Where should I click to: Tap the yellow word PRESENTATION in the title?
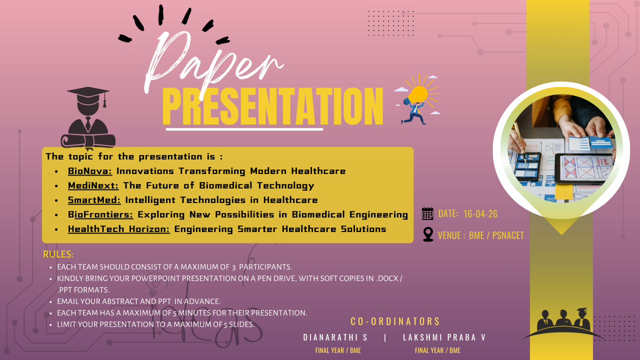pyautogui.click(x=272, y=106)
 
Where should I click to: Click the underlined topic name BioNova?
pyautogui.click(x=90, y=171)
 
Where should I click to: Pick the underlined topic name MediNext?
pyautogui.click(x=93, y=185)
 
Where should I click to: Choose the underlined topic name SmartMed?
pyautogui.click(x=94, y=200)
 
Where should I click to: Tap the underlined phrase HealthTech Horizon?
pyautogui.click(x=118, y=229)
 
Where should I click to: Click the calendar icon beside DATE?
pyautogui.click(x=427, y=213)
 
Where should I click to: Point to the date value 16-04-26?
pyautogui.click(x=480, y=214)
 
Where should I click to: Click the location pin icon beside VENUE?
pyautogui.click(x=428, y=234)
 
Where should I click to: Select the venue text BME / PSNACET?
pyautogui.click(x=496, y=235)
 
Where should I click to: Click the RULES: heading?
pyautogui.click(x=58, y=254)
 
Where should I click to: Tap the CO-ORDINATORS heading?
pyautogui.click(x=395, y=321)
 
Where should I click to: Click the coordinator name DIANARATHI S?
pyautogui.click(x=335, y=337)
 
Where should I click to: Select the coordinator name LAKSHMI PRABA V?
pyautogui.click(x=444, y=337)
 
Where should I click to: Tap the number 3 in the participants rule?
pyautogui.click(x=233, y=267)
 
